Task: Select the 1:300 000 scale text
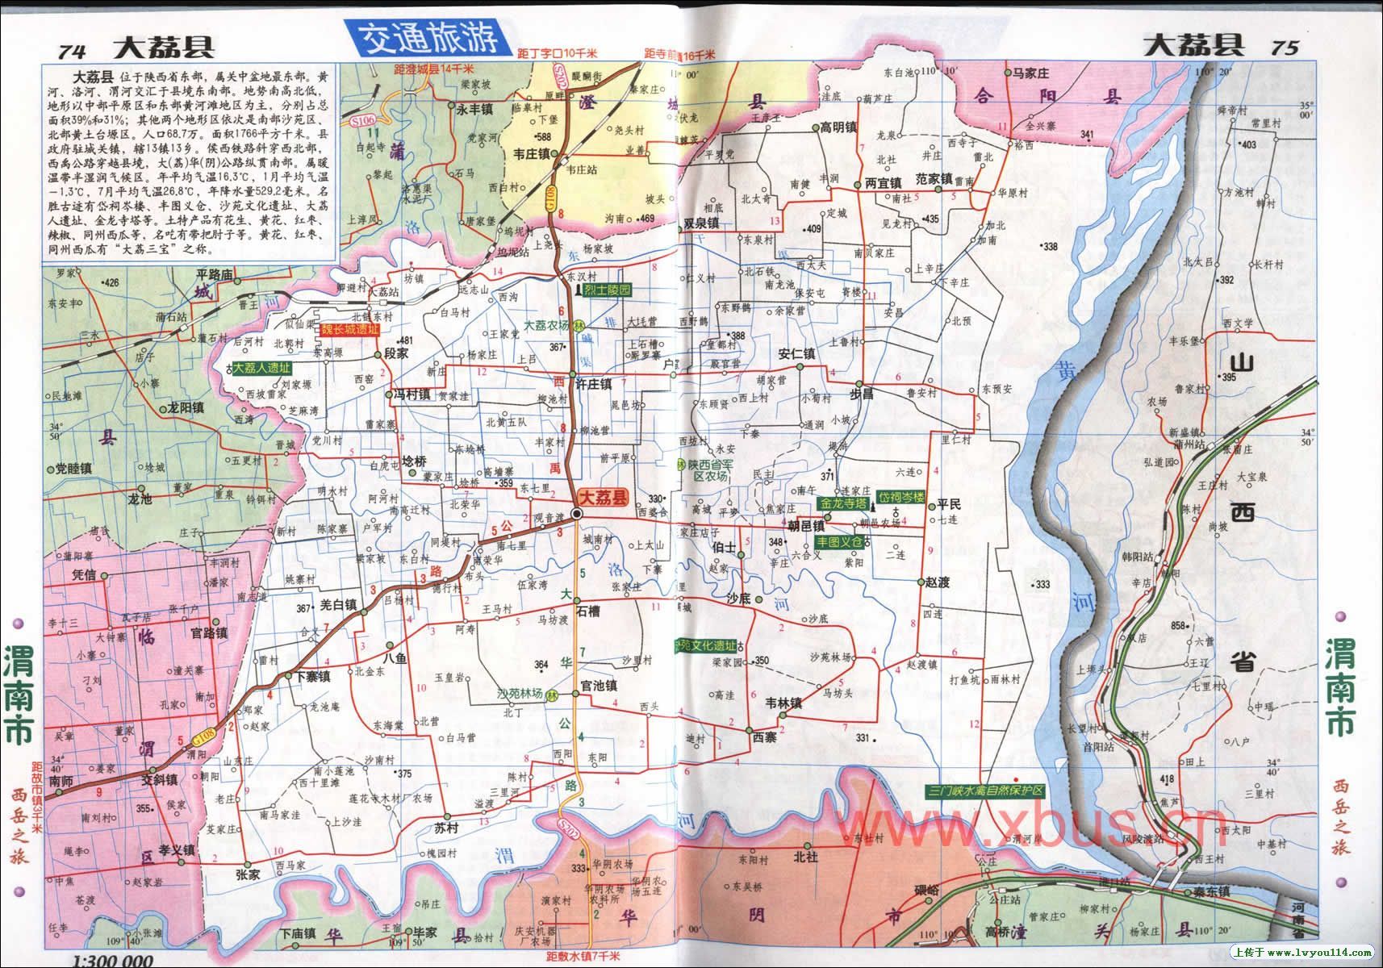click(x=112, y=960)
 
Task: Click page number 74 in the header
click(x=72, y=49)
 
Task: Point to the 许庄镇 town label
click(x=595, y=384)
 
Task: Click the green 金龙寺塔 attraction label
click(x=842, y=502)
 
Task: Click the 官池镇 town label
click(x=599, y=686)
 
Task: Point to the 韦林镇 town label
click(x=783, y=703)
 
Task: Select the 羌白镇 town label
click(x=338, y=604)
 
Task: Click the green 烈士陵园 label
click(x=608, y=289)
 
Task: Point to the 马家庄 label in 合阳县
click(x=1030, y=72)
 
